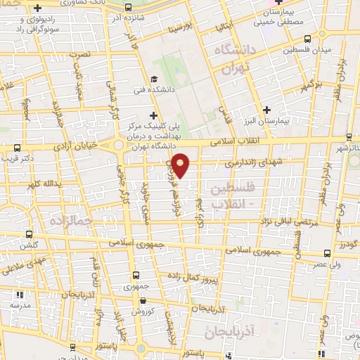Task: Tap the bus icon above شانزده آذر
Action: point(127,8)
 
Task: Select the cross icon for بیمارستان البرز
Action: point(266,110)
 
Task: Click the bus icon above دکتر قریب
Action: point(17,148)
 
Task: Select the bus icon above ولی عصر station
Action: point(328,253)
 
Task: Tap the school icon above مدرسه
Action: point(19,295)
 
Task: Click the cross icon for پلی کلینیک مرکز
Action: point(153,115)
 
